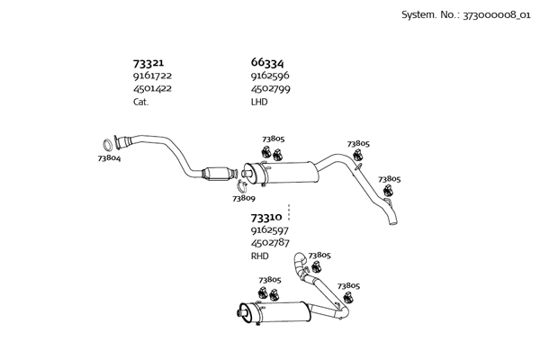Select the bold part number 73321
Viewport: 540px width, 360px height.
(148, 63)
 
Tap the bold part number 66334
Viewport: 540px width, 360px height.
(267, 62)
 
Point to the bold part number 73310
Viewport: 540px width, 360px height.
(266, 217)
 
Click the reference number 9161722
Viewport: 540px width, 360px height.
(153, 76)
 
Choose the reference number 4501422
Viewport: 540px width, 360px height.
(153, 89)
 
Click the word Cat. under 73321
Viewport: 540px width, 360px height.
(140, 102)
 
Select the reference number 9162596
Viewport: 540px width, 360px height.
(270, 76)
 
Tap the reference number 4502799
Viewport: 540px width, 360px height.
(270, 89)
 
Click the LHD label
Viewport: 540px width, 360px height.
(259, 102)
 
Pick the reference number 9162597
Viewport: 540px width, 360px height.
(270, 230)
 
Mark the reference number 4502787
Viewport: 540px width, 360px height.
(270, 243)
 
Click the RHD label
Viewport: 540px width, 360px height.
(260, 256)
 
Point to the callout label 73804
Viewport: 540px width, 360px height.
(109, 158)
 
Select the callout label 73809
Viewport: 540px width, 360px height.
(243, 198)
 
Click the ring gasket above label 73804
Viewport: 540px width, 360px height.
(107, 144)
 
